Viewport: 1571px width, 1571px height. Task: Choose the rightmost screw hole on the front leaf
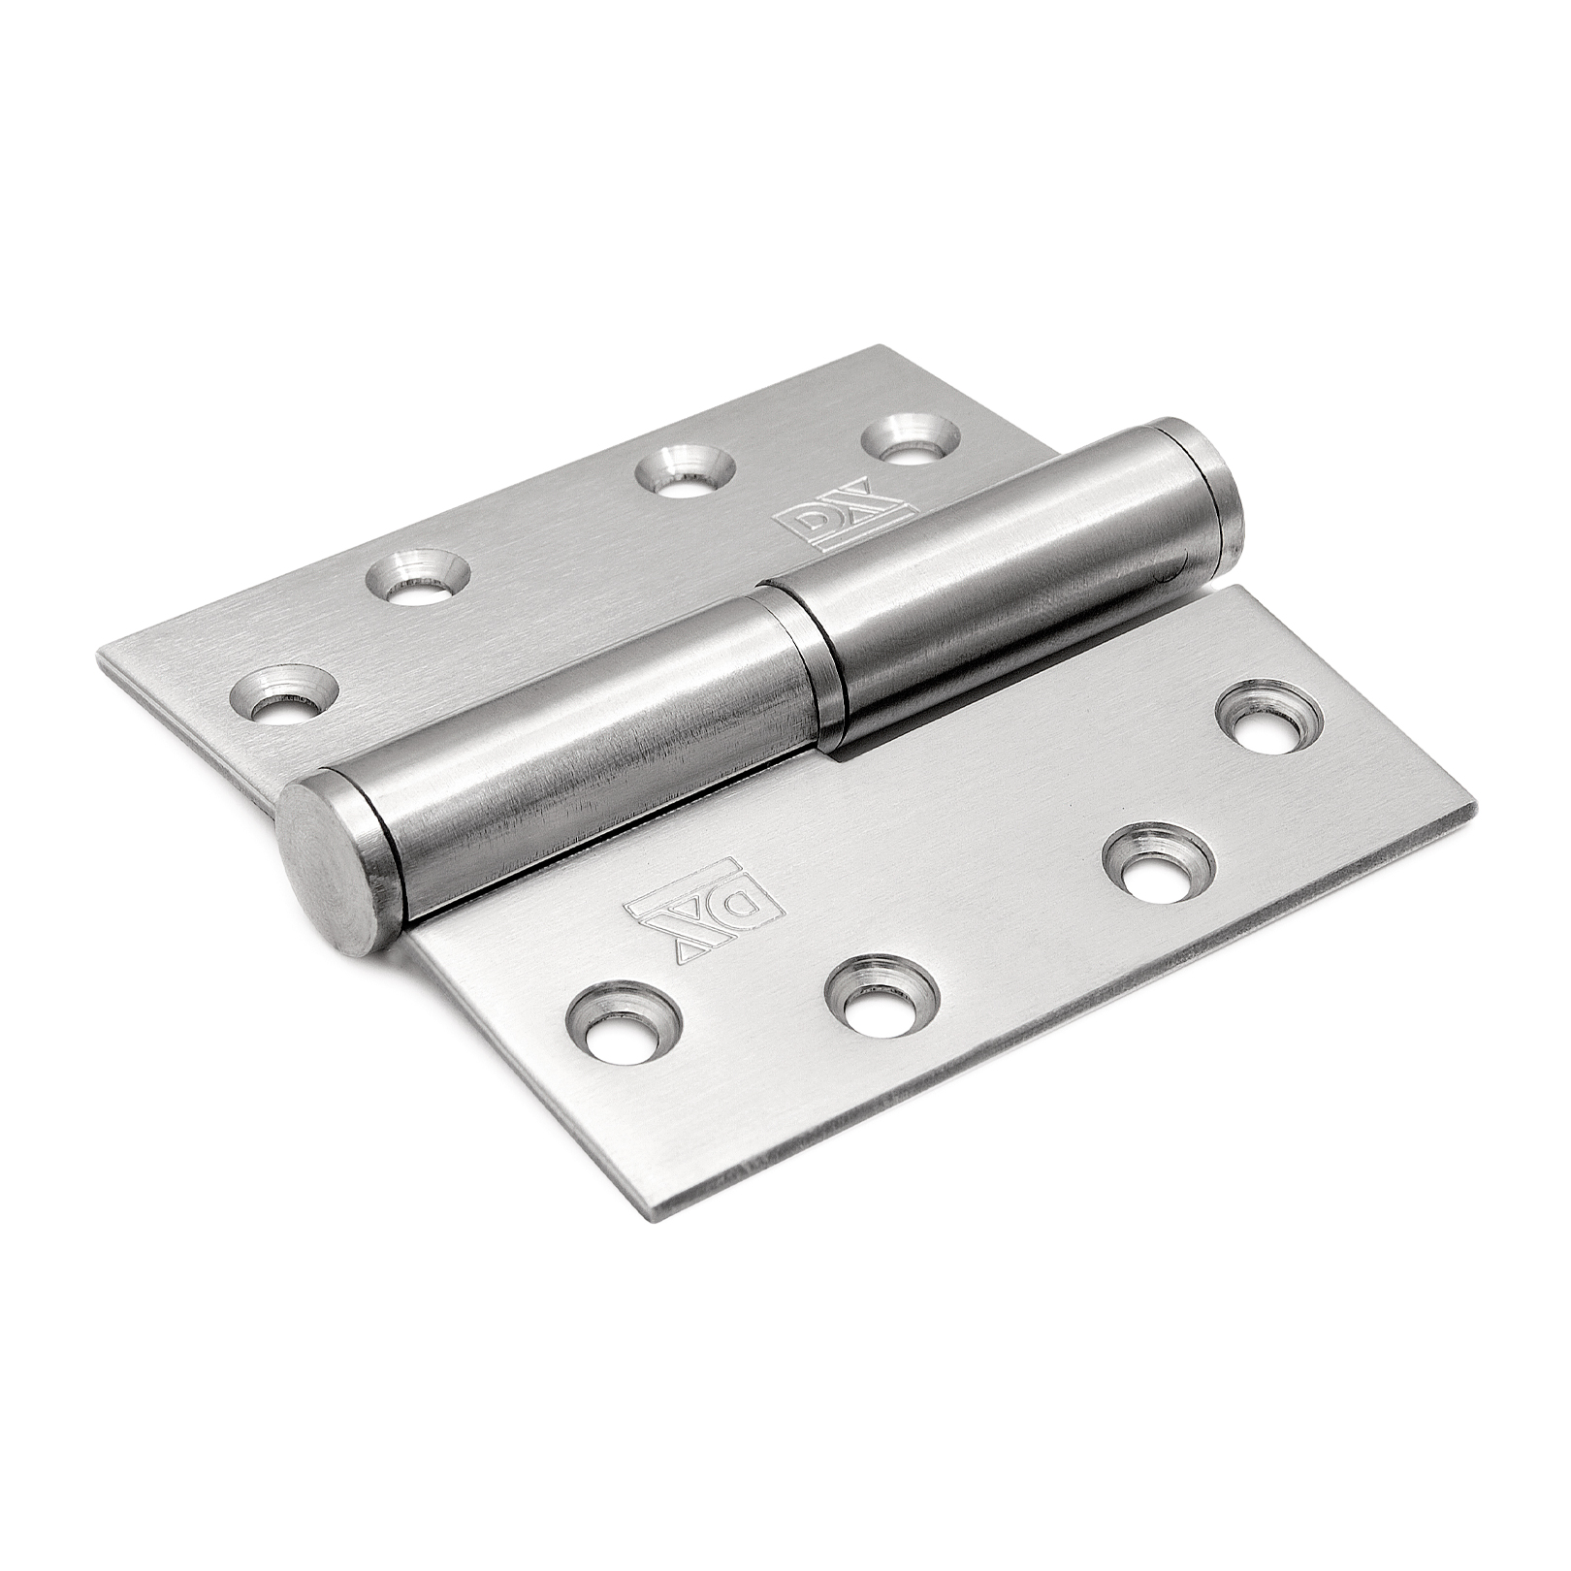coord(1271,718)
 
